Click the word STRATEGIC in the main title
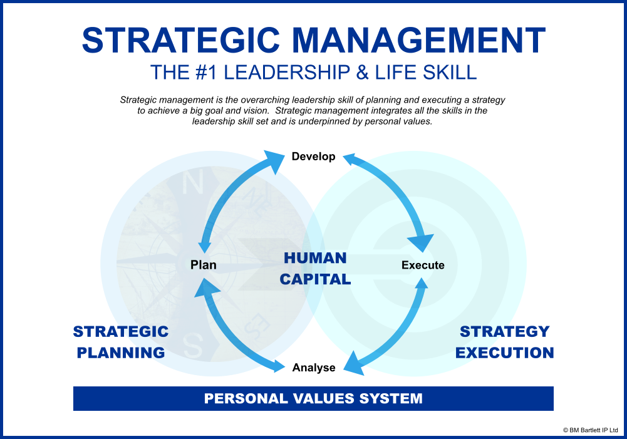click(x=181, y=40)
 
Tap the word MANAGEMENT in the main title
click(x=418, y=40)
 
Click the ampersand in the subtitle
click(x=362, y=73)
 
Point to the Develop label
click(x=313, y=157)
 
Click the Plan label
click(x=204, y=265)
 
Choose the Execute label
click(x=423, y=265)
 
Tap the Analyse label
click(x=314, y=368)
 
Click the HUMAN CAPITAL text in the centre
click(x=315, y=269)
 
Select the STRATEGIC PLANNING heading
click(x=121, y=342)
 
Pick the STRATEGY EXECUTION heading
click(x=505, y=342)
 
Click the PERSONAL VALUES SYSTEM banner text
click(x=313, y=399)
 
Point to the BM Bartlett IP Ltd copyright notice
click(x=590, y=430)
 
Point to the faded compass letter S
click(x=193, y=346)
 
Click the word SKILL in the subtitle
click(x=450, y=73)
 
